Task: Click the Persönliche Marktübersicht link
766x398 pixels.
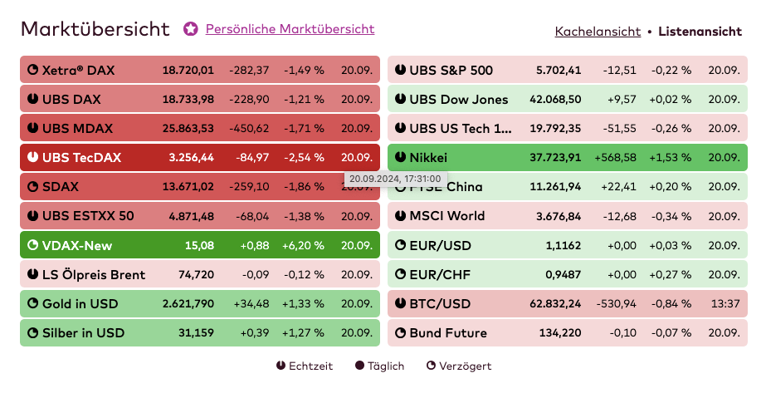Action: pos(290,29)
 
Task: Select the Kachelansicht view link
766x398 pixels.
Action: pos(598,32)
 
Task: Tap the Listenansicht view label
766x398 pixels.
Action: pos(700,32)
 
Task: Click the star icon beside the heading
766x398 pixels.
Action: pos(191,29)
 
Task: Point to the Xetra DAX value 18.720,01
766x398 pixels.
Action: pos(188,71)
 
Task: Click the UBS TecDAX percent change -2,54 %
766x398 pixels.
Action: pos(304,157)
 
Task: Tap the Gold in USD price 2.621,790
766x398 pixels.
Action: pos(188,303)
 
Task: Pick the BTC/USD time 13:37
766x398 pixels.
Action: pos(725,303)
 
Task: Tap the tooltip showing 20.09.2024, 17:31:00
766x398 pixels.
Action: pos(394,179)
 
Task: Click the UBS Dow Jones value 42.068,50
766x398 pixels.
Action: pos(555,100)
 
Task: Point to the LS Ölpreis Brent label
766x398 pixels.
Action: pos(93,274)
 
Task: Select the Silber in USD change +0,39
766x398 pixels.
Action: pos(254,333)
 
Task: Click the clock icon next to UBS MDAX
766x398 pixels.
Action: pos(33,129)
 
